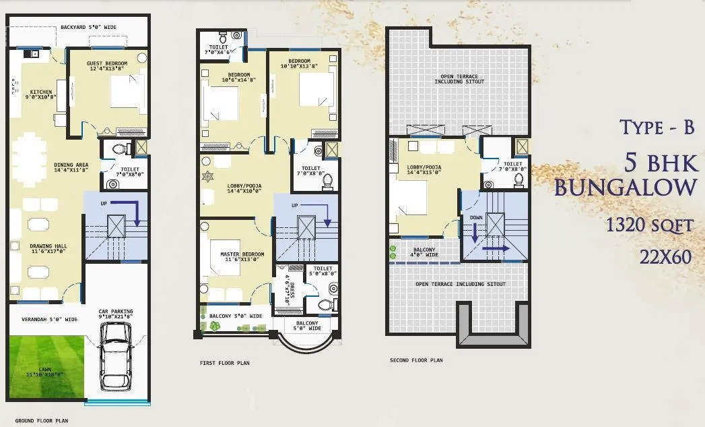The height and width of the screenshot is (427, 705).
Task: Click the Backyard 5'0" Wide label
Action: click(88, 28)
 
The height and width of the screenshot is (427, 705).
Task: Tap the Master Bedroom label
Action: click(242, 257)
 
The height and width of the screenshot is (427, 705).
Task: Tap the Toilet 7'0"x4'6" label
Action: click(218, 49)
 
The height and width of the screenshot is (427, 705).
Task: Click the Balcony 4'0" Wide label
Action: click(424, 252)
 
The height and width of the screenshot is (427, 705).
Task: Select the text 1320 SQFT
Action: click(649, 225)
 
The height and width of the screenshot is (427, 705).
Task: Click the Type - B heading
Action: click(657, 127)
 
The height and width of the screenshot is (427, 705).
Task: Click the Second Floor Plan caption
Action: click(416, 360)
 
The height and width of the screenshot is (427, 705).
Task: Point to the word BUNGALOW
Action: click(623, 187)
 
